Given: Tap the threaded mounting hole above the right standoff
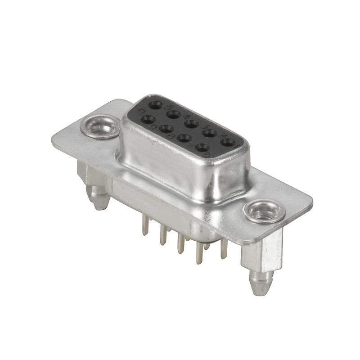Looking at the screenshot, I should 264,211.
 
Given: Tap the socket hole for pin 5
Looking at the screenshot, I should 156,105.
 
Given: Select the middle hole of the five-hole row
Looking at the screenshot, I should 191,123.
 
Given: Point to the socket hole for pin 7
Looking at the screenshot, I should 184,138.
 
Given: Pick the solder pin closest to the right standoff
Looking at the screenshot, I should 224,250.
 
